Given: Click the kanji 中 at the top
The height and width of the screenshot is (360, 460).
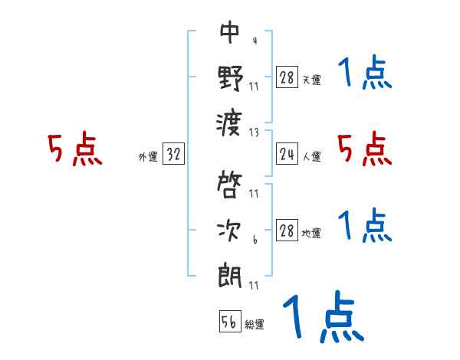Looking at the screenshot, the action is pyautogui.click(x=230, y=32).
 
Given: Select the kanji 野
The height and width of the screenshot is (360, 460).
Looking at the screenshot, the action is pyautogui.click(x=230, y=78).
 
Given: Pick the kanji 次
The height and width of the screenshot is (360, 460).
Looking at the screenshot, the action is pyautogui.click(x=230, y=231).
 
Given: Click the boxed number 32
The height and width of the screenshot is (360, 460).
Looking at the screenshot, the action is pyautogui.click(x=173, y=155).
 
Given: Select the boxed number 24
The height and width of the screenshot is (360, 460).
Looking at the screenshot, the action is pyautogui.click(x=287, y=155).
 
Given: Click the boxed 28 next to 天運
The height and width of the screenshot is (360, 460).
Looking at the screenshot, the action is pyautogui.click(x=287, y=77).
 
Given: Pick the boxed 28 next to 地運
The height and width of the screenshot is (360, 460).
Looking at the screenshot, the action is pyautogui.click(x=287, y=231).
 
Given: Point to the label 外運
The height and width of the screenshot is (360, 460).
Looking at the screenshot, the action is pyautogui.click(x=147, y=157).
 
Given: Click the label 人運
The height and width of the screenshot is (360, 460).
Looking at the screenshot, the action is pyautogui.click(x=311, y=157).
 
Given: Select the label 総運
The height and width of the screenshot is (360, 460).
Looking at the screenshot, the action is pyautogui.click(x=255, y=325).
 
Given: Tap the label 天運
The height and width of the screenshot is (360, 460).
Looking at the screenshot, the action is pyautogui.click(x=311, y=80).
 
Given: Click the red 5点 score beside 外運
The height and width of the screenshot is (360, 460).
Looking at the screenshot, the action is pyautogui.click(x=74, y=149).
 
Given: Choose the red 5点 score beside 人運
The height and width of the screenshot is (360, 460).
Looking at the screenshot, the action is pyautogui.click(x=365, y=149).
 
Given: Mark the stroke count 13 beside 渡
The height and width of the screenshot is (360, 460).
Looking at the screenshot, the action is pyautogui.click(x=254, y=132).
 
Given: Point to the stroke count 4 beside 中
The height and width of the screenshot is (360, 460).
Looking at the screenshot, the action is pyautogui.click(x=254, y=40).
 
